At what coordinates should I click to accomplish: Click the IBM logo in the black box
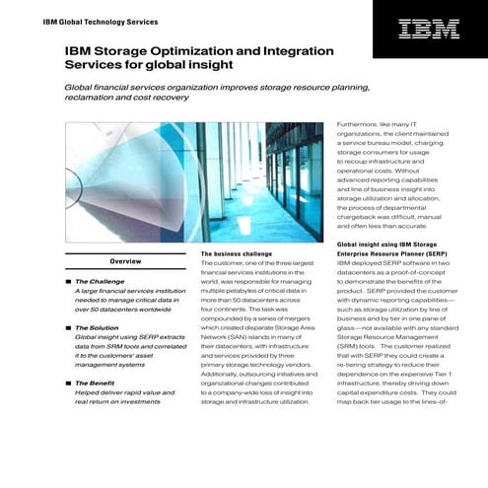[428, 30]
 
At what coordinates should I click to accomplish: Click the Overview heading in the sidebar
[124, 261]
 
